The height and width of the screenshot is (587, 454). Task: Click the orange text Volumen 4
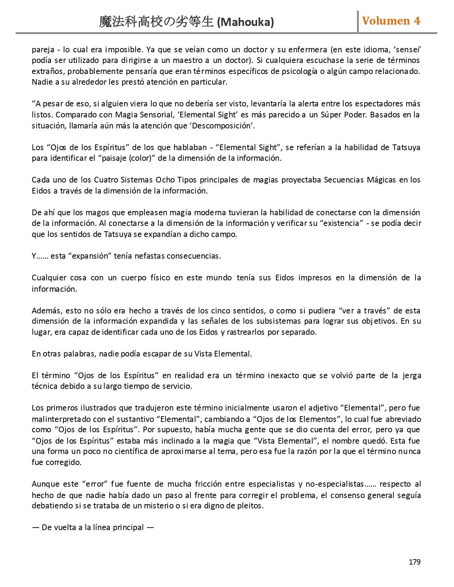391,21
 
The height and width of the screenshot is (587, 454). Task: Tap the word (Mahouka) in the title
245,22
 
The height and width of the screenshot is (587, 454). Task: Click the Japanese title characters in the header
157,22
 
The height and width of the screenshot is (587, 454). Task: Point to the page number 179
414,562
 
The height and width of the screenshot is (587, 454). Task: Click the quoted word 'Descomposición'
222,126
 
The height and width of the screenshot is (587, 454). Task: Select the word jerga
412,376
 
